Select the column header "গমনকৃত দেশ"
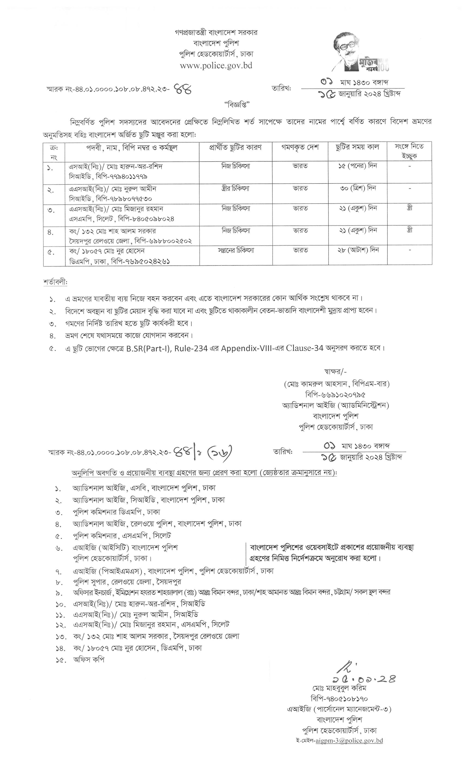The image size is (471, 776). [300, 147]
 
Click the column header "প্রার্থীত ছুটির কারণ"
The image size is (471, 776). [235, 147]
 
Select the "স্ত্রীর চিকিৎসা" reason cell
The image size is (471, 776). [235, 188]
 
